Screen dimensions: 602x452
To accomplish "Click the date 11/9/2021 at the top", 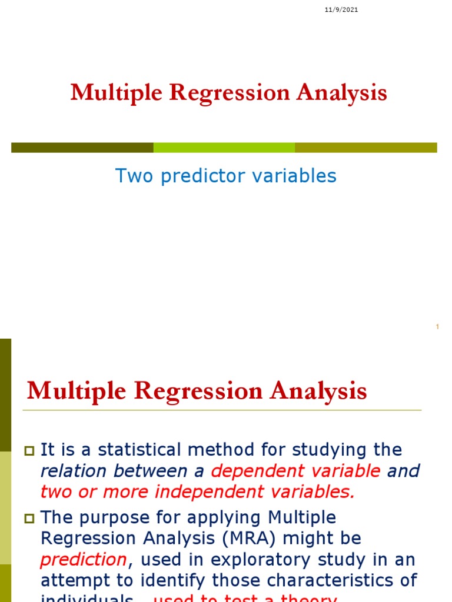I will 341,9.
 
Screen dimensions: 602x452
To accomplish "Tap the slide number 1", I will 438,327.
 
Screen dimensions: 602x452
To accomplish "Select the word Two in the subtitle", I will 130,175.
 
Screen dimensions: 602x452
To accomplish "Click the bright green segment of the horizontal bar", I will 224,148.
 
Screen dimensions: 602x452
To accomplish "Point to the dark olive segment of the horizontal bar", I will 82,148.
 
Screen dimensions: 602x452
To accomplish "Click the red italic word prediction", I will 83,560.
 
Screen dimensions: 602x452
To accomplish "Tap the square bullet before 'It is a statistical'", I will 29,451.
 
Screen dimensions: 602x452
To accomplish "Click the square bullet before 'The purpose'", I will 29,519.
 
